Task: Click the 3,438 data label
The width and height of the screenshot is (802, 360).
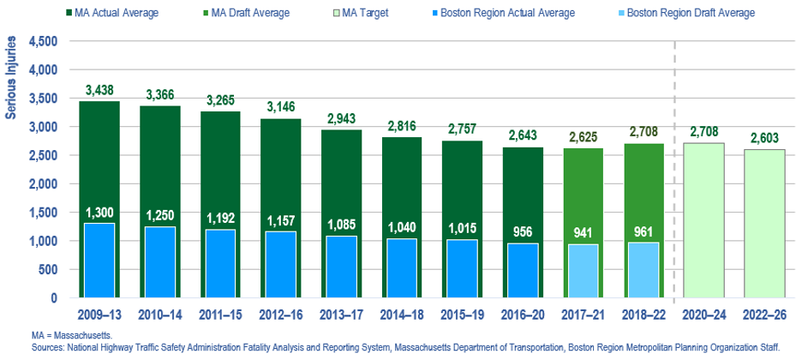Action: tap(99, 89)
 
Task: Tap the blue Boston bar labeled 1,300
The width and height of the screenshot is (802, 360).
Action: tap(99, 261)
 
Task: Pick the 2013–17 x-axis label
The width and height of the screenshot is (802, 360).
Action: tap(341, 314)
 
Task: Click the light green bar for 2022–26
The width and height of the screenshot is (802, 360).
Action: tap(764, 223)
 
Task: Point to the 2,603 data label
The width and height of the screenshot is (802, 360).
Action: tap(764, 137)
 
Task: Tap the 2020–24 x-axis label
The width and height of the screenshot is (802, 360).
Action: tap(704, 314)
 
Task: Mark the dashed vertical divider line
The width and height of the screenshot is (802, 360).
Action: tap(675, 171)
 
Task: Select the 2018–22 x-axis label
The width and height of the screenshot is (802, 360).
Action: tap(643, 314)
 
